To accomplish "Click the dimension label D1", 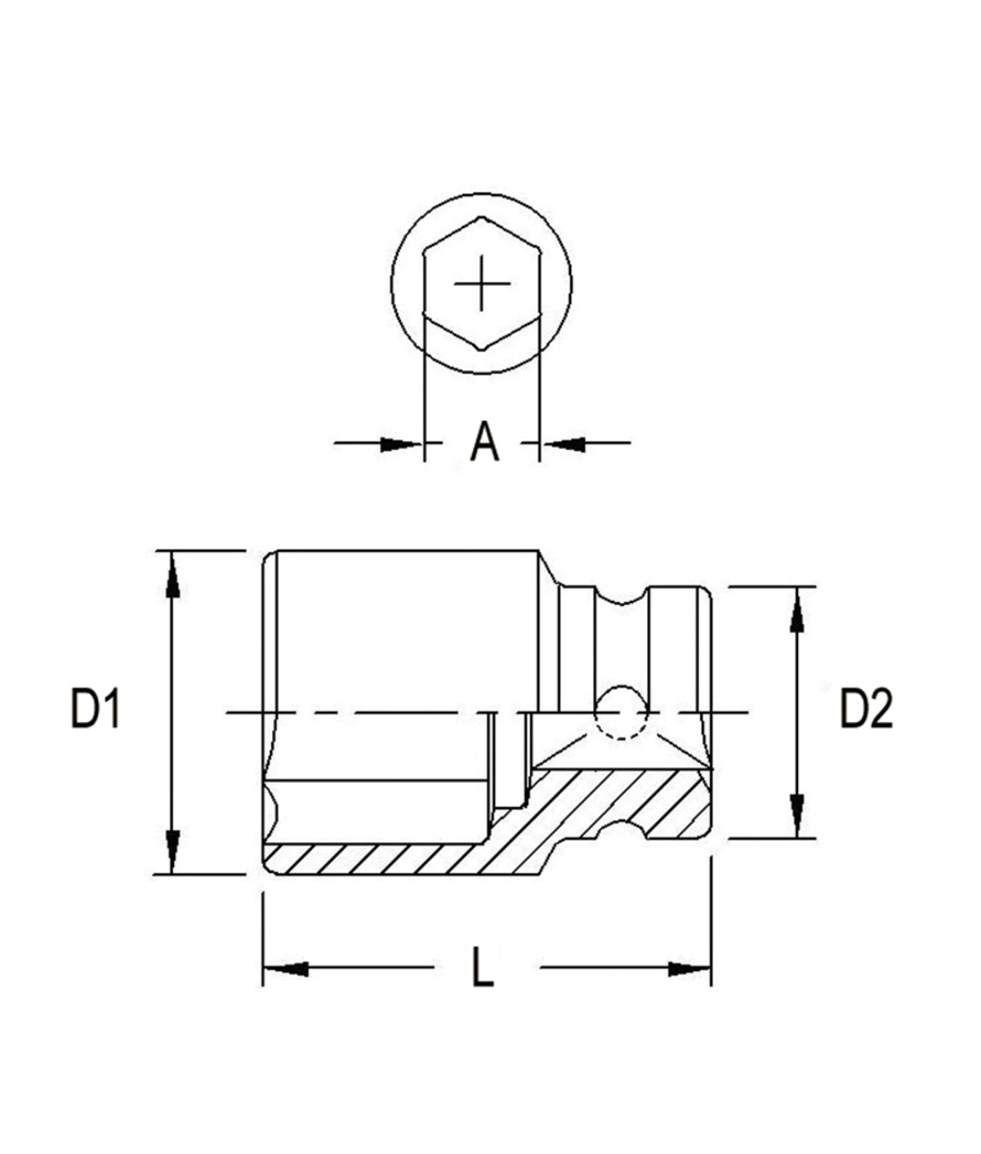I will click(x=94, y=712).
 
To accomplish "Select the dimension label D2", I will click(x=867, y=712).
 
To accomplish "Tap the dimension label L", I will click(x=483, y=967).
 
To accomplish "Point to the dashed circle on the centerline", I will click(x=618, y=713).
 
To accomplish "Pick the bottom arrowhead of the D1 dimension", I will click(x=171, y=852).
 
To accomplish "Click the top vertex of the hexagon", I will click(x=481, y=218).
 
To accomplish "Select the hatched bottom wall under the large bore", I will click(x=385, y=859).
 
